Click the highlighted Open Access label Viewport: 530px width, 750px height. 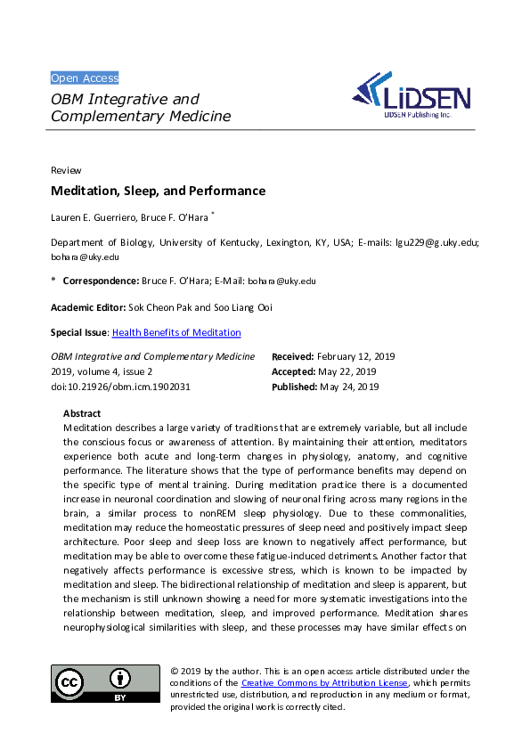[85, 77]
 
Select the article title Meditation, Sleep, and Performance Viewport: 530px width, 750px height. [158, 191]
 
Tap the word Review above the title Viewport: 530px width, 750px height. [66, 170]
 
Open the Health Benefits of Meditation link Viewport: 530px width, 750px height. [176, 332]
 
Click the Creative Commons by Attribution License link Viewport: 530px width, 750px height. [324, 683]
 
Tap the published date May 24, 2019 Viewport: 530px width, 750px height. [349, 387]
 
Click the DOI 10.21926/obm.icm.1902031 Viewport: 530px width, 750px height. [120, 387]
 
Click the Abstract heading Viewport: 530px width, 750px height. [82, 413]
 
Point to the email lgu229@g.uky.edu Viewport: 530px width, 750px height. [436, 242]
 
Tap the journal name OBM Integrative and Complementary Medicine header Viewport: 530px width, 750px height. [140, 108]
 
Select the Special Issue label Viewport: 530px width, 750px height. [78, 332]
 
